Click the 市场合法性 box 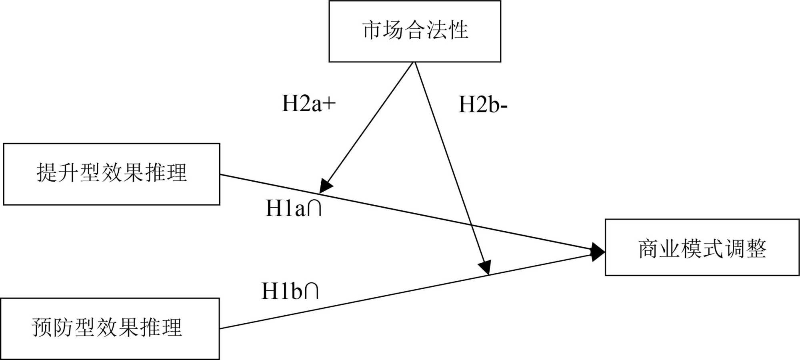pyautogui.click(x=415, y=31)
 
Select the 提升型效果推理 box pyautogui.click(x=112, y=174)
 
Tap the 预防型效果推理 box pyautogui.click(x=110, y=328)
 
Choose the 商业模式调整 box pyautogui.click(x=702, y=248)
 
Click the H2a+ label pyautogui.click(x=308, y=104)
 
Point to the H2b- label pyautogui.click(x=483, y=105)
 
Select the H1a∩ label pyautogui.click(x=294, y=208)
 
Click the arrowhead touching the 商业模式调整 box pyautogui.click(x=598, y=252)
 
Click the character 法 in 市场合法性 pyautogui.click(x=436, y=30)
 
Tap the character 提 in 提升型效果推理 pyautogui.click(x=46, y=173)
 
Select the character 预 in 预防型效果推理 pyautogui.click(x=42, y=328)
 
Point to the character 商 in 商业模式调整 pyautogui.click(x=648, y=248)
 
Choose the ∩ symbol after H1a pyautogui.click(x=315, y=208)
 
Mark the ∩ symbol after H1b pyautogui.click(x=312, y=291)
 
